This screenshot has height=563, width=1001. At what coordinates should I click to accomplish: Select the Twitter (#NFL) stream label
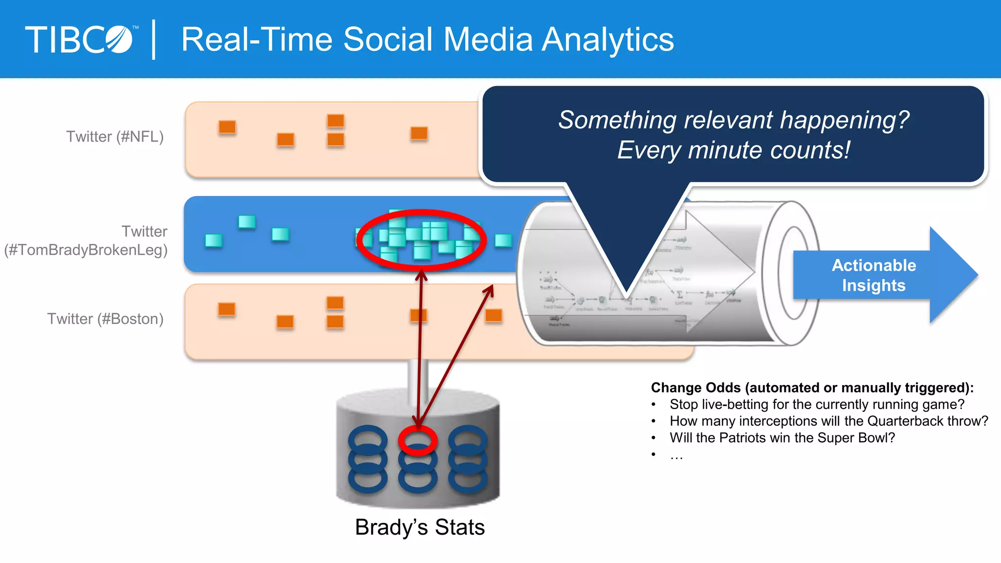click(115, 136)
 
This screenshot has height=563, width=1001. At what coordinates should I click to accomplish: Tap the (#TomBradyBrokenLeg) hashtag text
click(86, 250)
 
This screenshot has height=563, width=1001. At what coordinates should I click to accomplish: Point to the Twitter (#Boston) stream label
click(105, 319)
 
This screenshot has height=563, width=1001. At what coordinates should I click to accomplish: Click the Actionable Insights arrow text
click(873, 275)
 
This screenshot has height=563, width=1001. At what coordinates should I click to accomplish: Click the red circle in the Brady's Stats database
click(417, 440)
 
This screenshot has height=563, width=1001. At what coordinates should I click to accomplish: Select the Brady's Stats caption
click(420, 527)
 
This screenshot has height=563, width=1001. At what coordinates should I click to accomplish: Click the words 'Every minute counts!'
click(733, 150)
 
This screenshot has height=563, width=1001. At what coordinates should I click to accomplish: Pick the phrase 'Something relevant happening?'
click(733, 120)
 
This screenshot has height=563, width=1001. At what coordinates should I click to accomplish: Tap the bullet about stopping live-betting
click(817, 404)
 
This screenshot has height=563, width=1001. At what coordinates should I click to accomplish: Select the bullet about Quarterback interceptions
click(828, 421)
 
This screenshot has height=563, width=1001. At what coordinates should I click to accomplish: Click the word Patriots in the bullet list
click(742, 437)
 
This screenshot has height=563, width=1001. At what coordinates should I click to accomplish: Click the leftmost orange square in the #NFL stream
click(227, 127)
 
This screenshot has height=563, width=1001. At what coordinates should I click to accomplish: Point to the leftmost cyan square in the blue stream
click(214, 240)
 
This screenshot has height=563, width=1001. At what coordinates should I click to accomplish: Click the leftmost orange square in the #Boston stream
click(227, 309)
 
